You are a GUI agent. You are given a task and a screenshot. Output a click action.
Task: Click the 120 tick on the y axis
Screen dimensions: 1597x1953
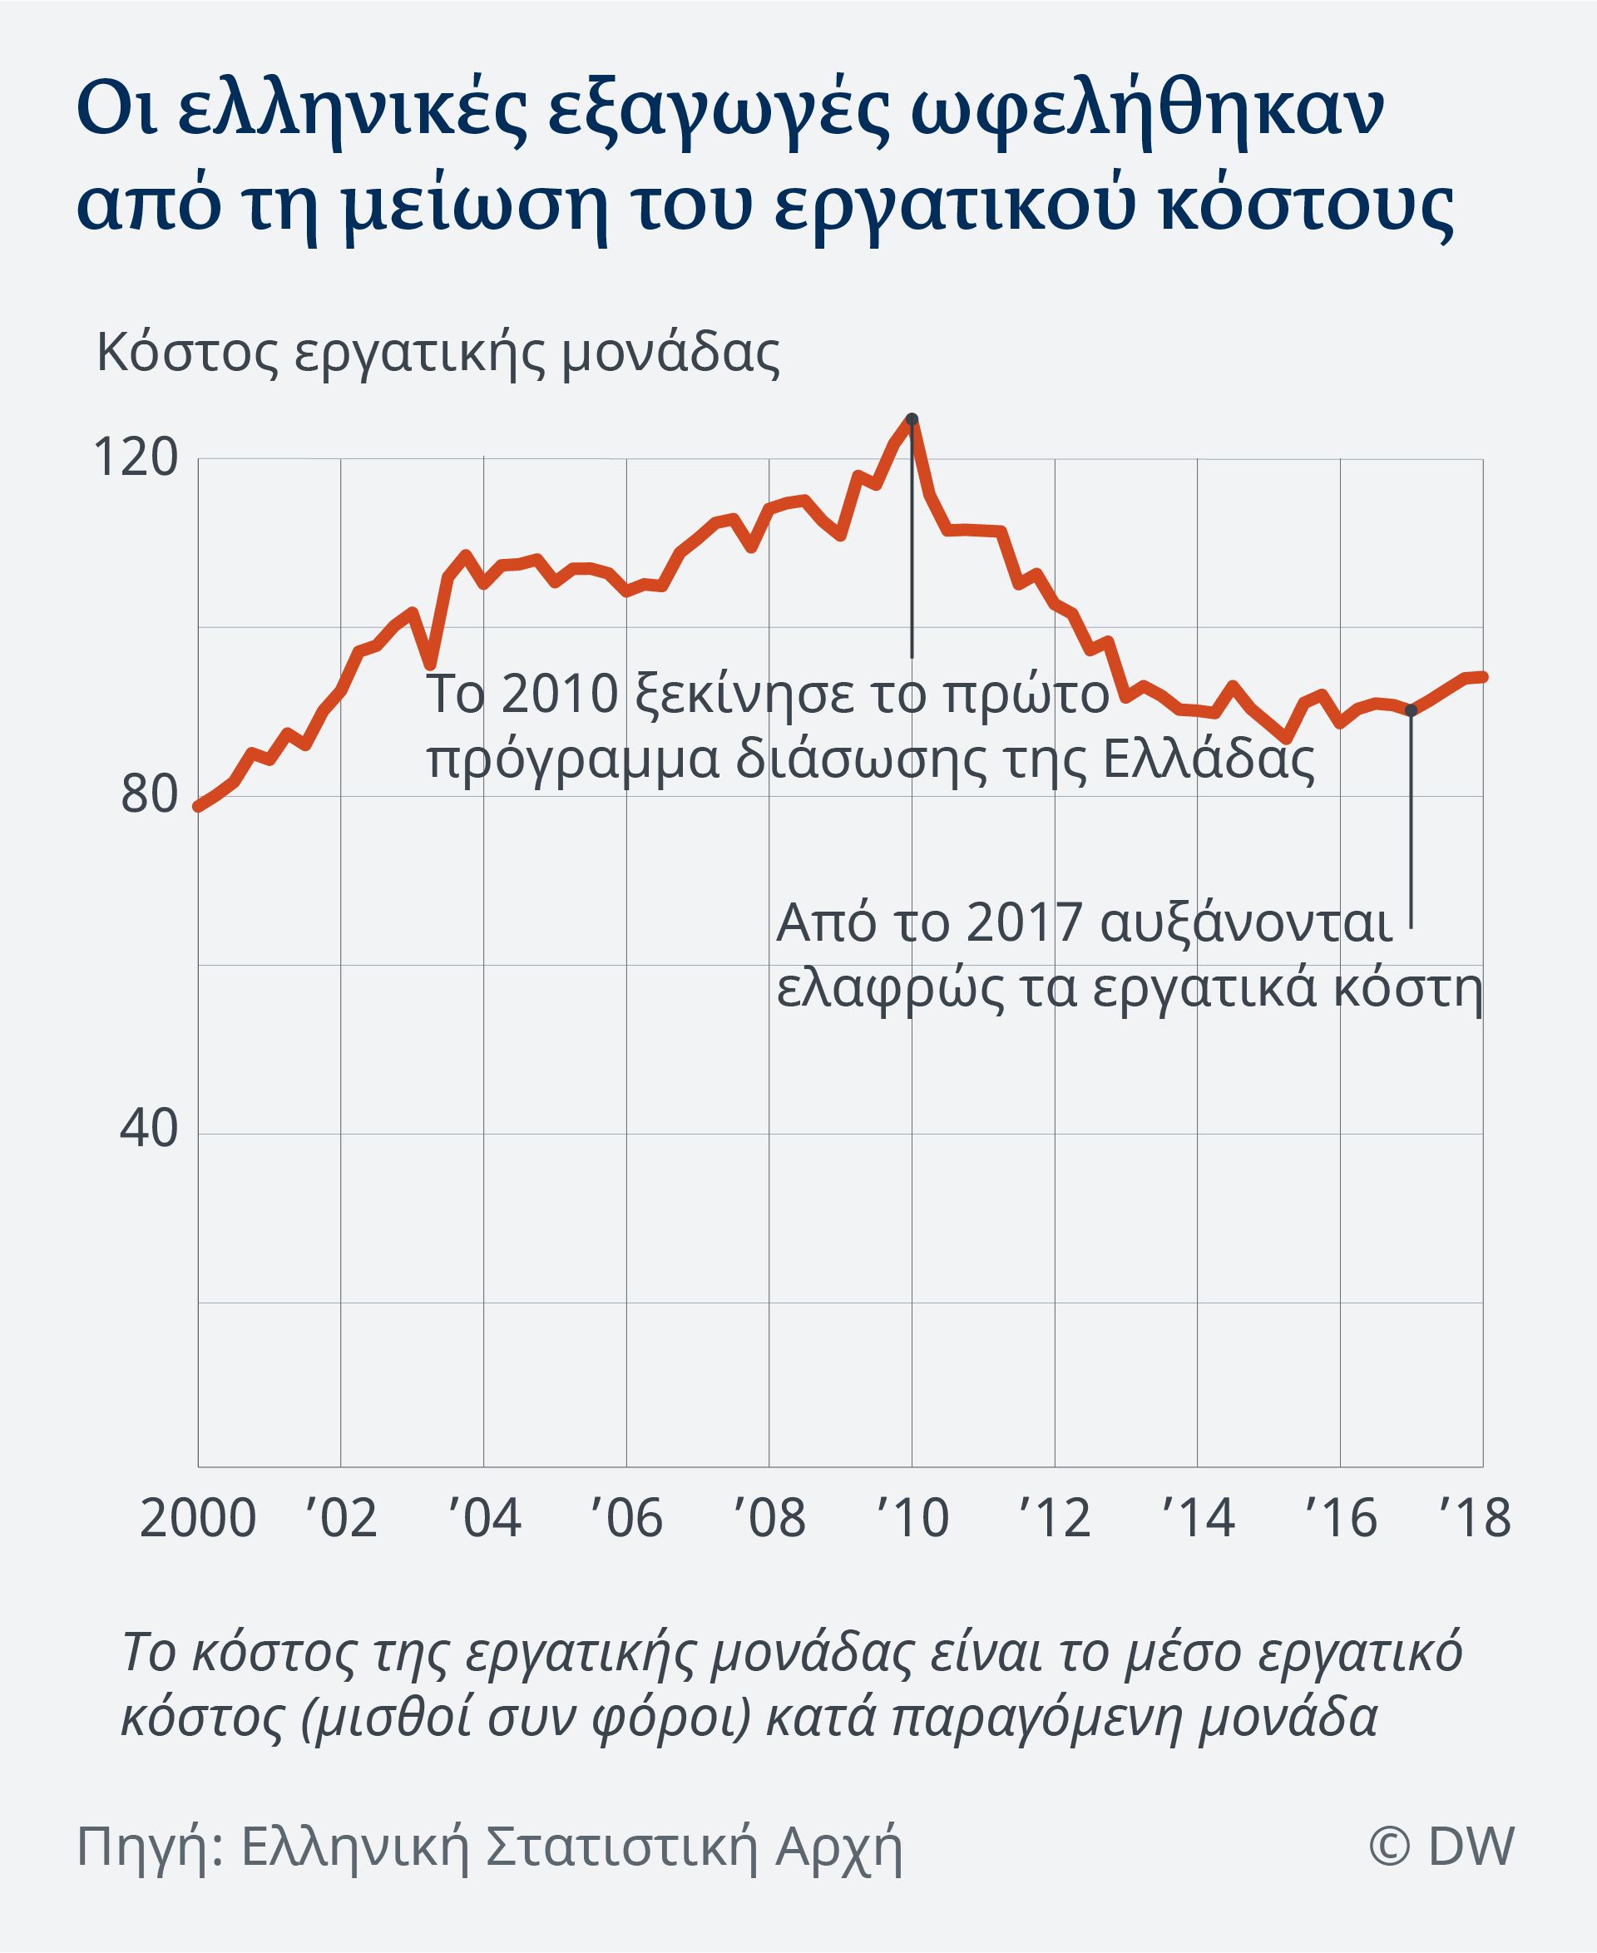point(136,457)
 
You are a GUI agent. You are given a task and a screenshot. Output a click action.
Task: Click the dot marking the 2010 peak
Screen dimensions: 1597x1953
point(912,419)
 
